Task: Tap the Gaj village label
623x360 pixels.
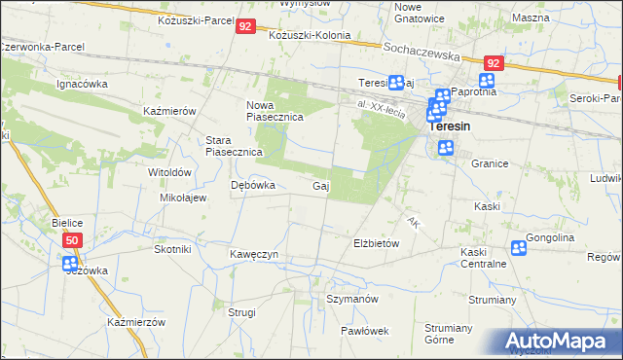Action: pyautogui.click(x=319, y=186)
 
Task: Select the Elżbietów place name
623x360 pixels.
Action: pyautogui.click(x=376, y=243)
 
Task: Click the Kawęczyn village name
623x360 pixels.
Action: pyautogui.click(x=255, y=254)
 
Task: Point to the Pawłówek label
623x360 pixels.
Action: pyautogui.click(x=365, y=330)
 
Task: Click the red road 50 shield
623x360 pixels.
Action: pyautogui.click(x=72, y=239)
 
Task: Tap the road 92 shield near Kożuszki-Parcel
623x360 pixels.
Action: pyautogui.click(x=245, y=28)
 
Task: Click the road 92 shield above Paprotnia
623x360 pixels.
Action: pyautogui.click(x=494, y=63)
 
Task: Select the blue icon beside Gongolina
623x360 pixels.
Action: pyautogui.click(x=519, y=249)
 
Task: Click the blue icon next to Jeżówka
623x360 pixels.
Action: pyautogui.click(x=69, y=263)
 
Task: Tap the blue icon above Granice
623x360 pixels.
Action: pyautogui.click(x=446, y=148)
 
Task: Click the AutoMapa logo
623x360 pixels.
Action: pyautogui.click(x=560, y=341)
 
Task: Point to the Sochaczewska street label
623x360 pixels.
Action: pyautogui.click(x=423, y=54)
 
